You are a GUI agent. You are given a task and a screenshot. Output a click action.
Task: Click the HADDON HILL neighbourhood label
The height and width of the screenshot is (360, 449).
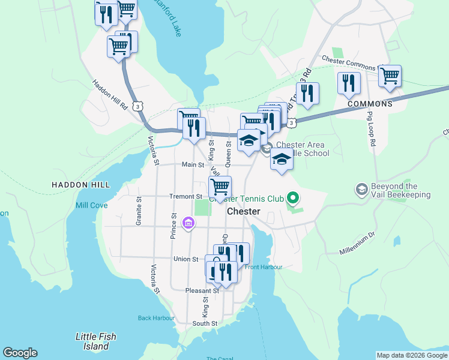(x=81, y=185)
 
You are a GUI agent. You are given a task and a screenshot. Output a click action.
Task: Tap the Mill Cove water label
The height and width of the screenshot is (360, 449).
(x=91, y=205)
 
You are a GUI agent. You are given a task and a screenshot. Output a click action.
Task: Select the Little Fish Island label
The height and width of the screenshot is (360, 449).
(x=96, y=341)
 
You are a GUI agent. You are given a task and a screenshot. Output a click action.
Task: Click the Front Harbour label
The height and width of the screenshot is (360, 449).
(x=263, y=267)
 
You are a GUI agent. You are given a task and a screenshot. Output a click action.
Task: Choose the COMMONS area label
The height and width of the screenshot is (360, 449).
(x=370, y=104)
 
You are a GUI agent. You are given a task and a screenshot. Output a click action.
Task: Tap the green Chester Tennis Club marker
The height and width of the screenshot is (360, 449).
(x=293, y=197)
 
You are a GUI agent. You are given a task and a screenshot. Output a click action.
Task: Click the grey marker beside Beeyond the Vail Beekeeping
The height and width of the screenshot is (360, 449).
(x=361, y=190)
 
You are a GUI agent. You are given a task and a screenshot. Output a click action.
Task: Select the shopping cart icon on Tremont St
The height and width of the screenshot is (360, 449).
(x=220, y=187)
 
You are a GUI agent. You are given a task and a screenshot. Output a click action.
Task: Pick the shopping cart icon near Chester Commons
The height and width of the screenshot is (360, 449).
(x=390, y=76)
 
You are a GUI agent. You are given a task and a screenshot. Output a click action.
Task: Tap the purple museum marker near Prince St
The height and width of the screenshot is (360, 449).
(x=188, y=224)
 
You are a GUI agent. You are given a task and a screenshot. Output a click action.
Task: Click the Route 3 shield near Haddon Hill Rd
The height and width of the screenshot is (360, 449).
(x=139, y=106)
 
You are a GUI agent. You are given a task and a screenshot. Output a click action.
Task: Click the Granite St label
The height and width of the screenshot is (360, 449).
(x=139, y=211)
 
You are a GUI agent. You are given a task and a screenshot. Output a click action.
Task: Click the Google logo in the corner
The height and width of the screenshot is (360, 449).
(x=20, y=353)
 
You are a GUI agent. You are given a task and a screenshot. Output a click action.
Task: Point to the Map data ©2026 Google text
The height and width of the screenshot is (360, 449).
(x=412, y=355)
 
